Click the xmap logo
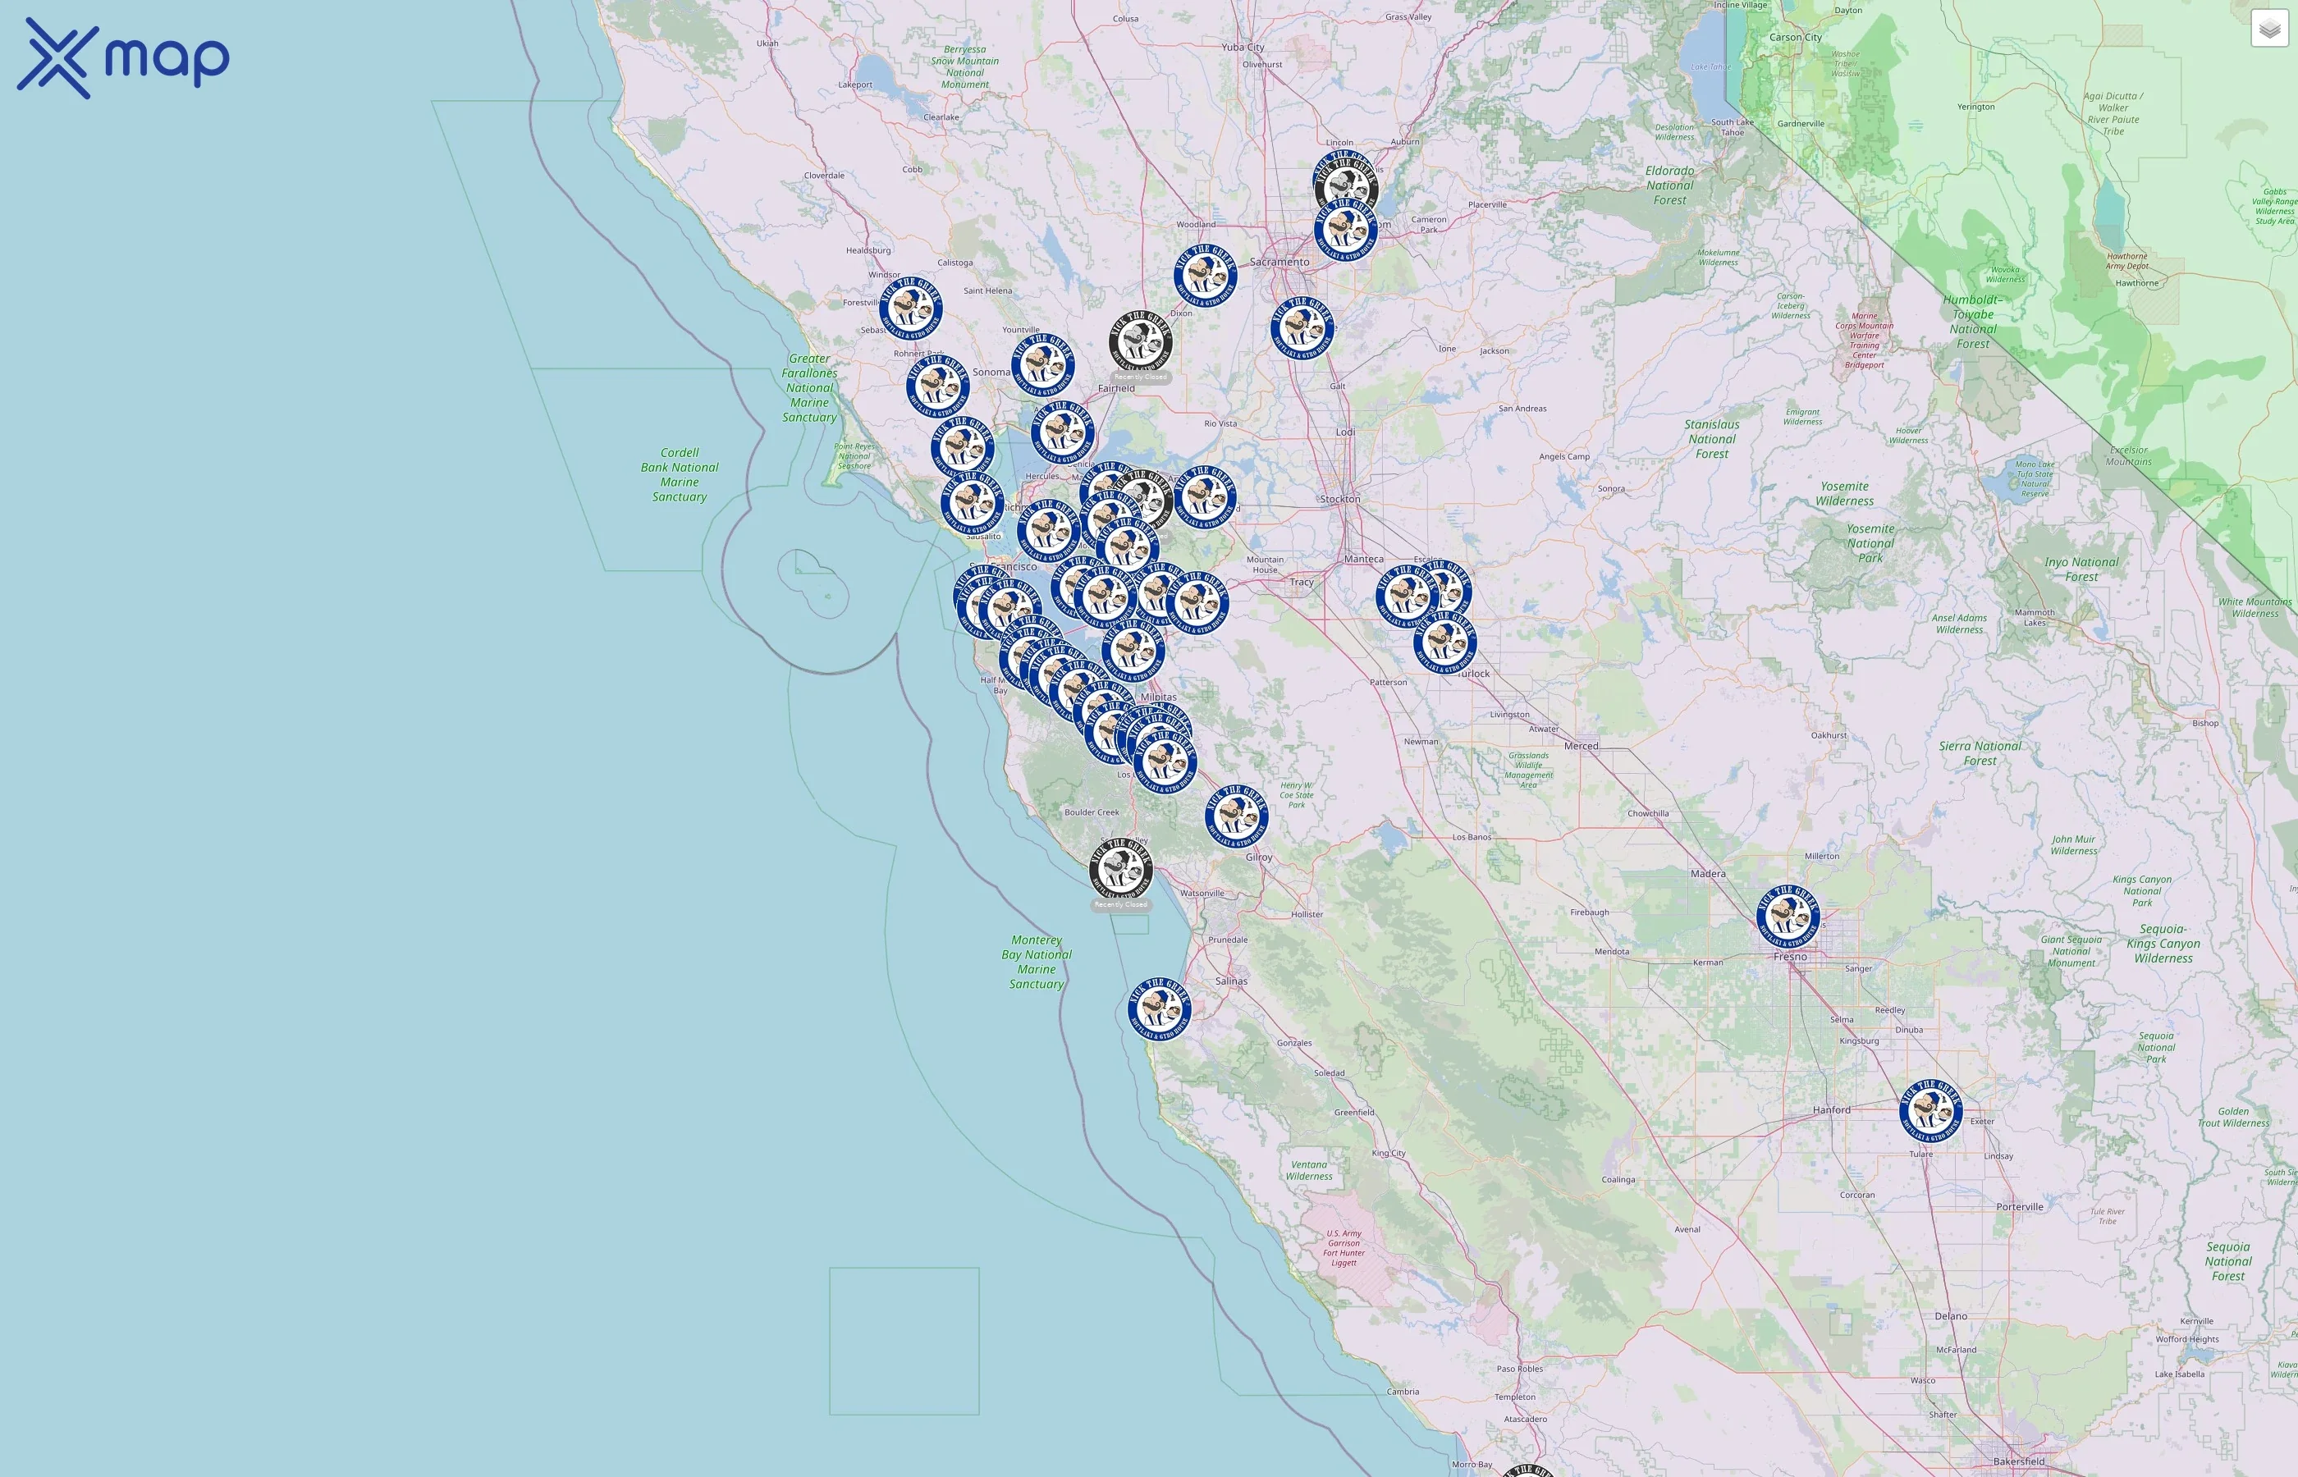(x=123, y=58)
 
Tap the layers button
(x=2269, y=29)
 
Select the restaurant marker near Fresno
(x=1788, y=917)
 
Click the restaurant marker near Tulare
(x=1930, y=1111)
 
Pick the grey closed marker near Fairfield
(x=1140, y=341)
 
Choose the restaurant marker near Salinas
(x=1160, y=1010)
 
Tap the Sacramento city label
(x=1279, y=262)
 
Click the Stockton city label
(x=1340, y=499)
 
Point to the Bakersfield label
(x=2018, y=1461)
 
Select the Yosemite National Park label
(x=1870, y=543)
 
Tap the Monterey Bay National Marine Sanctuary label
(x=1036, y=962)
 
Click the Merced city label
(x=1581, y=746)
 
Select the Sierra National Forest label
(x=1980, y=753)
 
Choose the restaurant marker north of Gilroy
(x=1236, y=816)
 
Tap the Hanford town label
(x=1831, y=1109)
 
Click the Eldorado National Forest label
(x=1670, y=185)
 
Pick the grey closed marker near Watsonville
(x=1121, y=868)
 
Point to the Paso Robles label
(x=1519, y=1369)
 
